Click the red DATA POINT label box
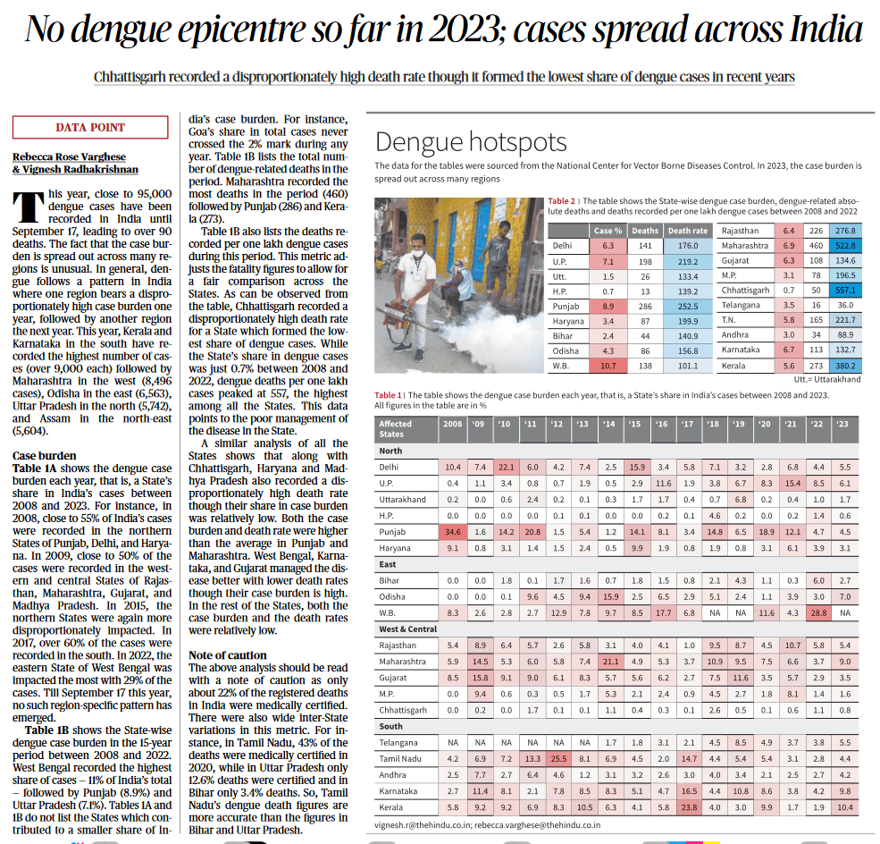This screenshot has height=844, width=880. pos(90,128)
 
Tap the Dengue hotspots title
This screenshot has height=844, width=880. pos(471,142)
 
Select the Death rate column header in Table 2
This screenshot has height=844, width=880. pos(687,231)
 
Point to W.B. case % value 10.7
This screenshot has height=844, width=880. pos(608,366)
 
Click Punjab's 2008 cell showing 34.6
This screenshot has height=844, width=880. pos(453,531)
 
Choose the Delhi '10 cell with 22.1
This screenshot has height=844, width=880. pos(506,467)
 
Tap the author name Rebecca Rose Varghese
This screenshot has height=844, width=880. pos(69,156)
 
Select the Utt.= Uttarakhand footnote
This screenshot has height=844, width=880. pos(826,379)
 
